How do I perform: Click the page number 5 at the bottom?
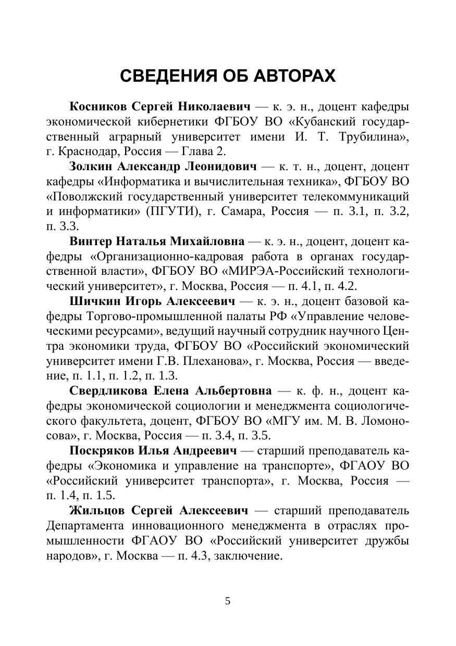(x=227, y=601)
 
